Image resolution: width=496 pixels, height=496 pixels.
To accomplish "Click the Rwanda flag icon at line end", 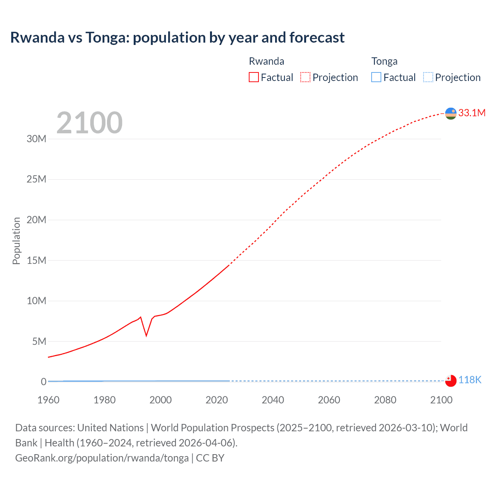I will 451,114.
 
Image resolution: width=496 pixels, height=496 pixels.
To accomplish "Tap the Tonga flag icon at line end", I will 451,381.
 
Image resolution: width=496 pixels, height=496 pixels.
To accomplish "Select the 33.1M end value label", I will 472,113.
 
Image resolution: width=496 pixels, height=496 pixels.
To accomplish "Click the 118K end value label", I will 470,380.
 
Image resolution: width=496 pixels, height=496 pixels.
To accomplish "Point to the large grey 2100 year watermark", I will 90,123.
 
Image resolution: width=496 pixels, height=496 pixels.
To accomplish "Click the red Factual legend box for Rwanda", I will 254,77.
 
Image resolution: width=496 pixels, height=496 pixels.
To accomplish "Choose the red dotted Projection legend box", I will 305,77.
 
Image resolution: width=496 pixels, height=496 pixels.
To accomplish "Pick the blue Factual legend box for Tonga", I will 376,77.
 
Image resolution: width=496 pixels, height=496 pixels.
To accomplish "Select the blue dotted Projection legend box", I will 428,77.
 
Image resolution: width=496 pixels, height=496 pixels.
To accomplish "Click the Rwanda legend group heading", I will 266,61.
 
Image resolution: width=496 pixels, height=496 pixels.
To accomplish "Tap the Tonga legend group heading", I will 384,61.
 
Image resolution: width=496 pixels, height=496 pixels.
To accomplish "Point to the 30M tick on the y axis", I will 36,139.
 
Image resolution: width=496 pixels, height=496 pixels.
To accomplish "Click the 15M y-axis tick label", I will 36,260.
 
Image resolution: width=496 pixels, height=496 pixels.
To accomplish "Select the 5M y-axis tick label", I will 39,341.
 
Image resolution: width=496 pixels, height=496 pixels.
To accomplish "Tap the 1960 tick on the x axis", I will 48,400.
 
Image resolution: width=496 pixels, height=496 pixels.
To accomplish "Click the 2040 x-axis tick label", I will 273,400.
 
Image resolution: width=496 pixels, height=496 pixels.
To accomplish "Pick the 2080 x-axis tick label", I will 385,400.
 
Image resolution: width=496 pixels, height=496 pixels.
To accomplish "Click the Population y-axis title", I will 16,241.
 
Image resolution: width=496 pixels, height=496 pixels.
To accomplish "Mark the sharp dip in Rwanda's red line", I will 146,335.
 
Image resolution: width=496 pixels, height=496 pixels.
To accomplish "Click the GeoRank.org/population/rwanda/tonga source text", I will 102,458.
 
